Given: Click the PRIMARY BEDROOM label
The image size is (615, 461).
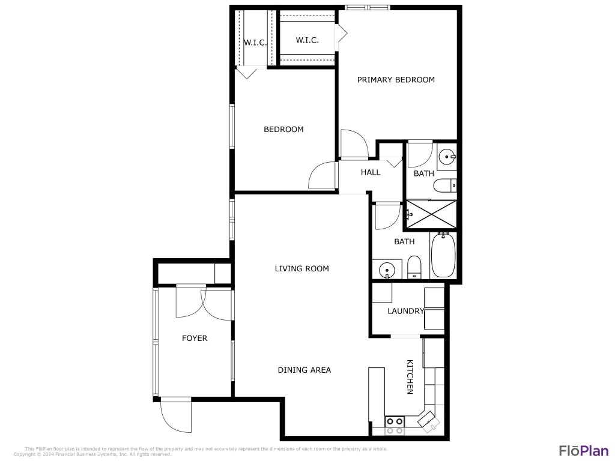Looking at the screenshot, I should (396, 80).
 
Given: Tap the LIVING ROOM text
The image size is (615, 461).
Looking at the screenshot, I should (302, 268).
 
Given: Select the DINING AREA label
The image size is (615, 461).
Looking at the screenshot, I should (304, 370).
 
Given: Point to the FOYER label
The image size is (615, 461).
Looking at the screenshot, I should (195, 339).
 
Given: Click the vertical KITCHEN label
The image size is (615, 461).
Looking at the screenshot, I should (410, 377).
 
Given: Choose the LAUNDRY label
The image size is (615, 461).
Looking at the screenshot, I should (405, 311).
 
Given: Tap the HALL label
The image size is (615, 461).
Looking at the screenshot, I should (371, 172).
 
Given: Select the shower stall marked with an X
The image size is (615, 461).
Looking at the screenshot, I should (431, 214).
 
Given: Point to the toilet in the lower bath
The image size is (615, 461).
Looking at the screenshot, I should (414, 267).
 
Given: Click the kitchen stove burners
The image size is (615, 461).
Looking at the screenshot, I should (395, 426).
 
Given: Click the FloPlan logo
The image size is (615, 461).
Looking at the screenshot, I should (581, 450).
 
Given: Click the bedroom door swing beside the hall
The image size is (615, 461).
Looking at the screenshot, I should (323, 176).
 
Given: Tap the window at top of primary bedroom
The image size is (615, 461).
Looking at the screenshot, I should (367, 7).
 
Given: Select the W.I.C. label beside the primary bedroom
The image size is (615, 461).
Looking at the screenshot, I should (307, 40).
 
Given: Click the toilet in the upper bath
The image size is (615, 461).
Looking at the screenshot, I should (446, 185).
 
